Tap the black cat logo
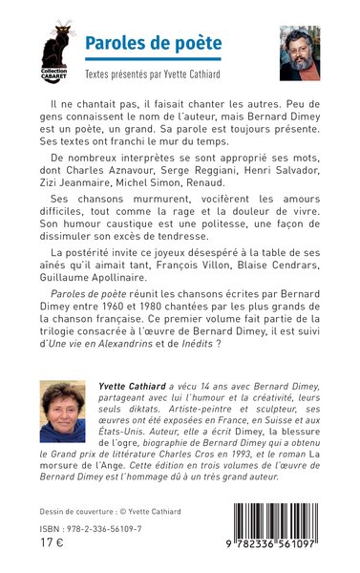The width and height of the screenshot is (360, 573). pos(54,44)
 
